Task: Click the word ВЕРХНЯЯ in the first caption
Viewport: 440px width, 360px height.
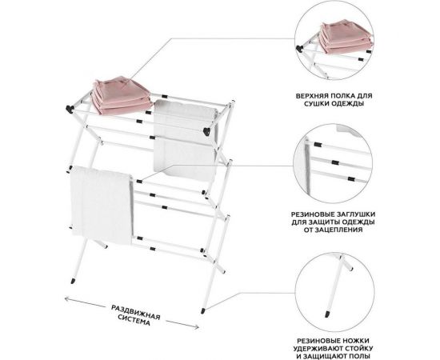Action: click(x=310, y=96)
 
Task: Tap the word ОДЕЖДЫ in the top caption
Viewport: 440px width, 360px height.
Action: click(x=349, y=103)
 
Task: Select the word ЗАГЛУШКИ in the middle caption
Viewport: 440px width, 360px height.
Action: click(x=358, y=214)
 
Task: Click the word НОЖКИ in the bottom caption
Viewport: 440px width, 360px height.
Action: click(x=356, y=341)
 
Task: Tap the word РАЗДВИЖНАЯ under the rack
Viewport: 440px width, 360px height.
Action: click(x=136, y=313)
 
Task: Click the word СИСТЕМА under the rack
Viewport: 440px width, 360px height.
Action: click(x=134, y=321)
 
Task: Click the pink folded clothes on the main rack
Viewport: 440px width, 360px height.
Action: click(x=122, y=94)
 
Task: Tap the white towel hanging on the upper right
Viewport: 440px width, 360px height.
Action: click(x=186, y=140)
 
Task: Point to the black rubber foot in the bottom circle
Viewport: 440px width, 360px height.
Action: click(x=327, y=314)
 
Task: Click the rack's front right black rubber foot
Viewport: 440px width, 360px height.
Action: click(x=203, y=310)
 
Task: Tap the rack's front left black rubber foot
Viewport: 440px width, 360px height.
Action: click(x=74, y=281)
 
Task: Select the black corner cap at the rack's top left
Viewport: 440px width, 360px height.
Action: click(x=69, y=109)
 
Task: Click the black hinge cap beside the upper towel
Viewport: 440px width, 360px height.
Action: click(x=207, y=131)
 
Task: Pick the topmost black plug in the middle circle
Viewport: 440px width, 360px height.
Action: click(x=318, y=145)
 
